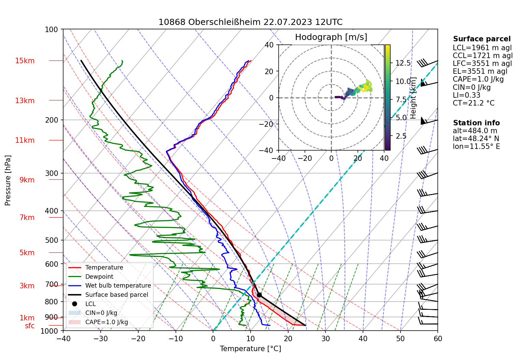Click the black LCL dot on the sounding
click(x=259, y=295)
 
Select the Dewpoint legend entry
click(x=99, y=277)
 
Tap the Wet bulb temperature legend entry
click(x=118, y=286)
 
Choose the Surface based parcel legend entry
click(x=116, y=295)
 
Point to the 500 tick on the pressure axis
click(x=52, y=240)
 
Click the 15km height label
click(x=25, y=61)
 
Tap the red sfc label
click(x=30, y=326)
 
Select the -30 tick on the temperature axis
click(x=100, y=338)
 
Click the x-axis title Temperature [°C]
click(x=250, y=349)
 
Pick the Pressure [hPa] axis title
click(x=8, y=180)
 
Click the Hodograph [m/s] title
click(x=331, y=37)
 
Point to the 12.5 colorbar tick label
click(x=403, y=63)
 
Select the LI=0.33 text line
click(x=466, y=95)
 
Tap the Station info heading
click(x=476, y=123)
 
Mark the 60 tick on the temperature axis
click(x=438, y=338)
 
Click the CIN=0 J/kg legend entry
click(x=101, y=313)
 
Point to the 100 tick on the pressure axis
click(x=52, y=29)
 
